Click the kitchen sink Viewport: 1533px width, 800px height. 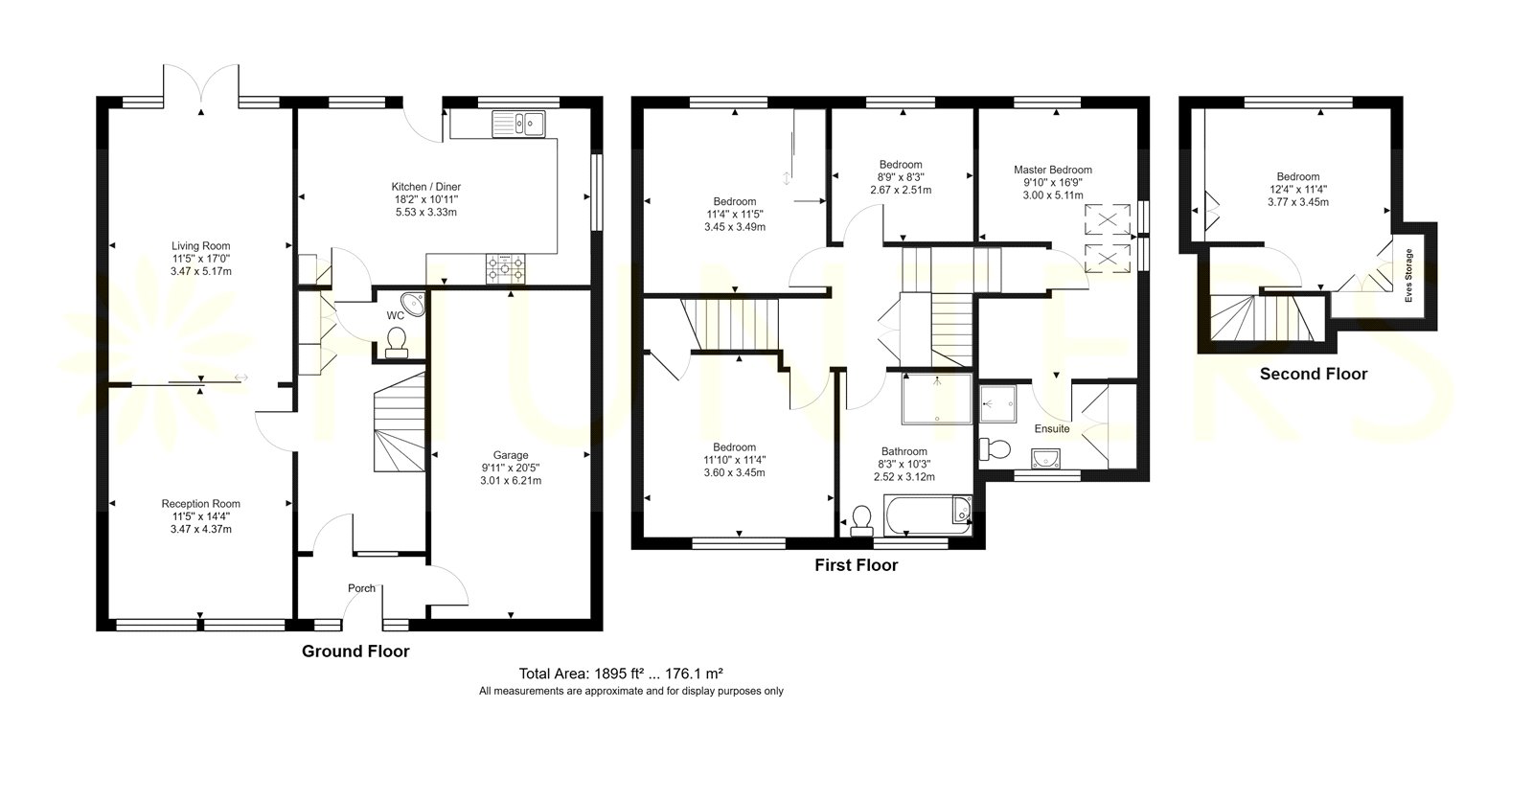(x=518, y=124)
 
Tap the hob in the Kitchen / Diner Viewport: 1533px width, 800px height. (x=505, y=268)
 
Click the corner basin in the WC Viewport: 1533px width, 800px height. (x=414, y=303)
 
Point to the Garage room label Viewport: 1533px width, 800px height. (x=511, y=455)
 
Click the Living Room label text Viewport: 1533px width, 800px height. (x=200, y=245)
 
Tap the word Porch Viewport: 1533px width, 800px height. (x=361, y=588)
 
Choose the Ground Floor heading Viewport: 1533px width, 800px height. (x=355, y=651)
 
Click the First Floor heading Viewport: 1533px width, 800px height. (x=857, y=564)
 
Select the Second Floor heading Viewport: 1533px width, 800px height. (x=1314, y=374)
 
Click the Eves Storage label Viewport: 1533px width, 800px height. (x=1408, y=275)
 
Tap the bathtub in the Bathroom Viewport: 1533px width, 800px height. (x=927, y=516)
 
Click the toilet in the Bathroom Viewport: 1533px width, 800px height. (x=861, y=521)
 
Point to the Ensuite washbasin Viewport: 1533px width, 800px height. (x=1045, y=459)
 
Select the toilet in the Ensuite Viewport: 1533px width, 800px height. (x=995, y=449)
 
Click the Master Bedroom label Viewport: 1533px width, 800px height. (x=1053, y=170)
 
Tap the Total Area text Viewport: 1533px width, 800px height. (x=621, y=674)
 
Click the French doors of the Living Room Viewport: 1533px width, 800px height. (x=201, y=85)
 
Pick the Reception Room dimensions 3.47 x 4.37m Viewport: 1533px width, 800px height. (x=200, y=529)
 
